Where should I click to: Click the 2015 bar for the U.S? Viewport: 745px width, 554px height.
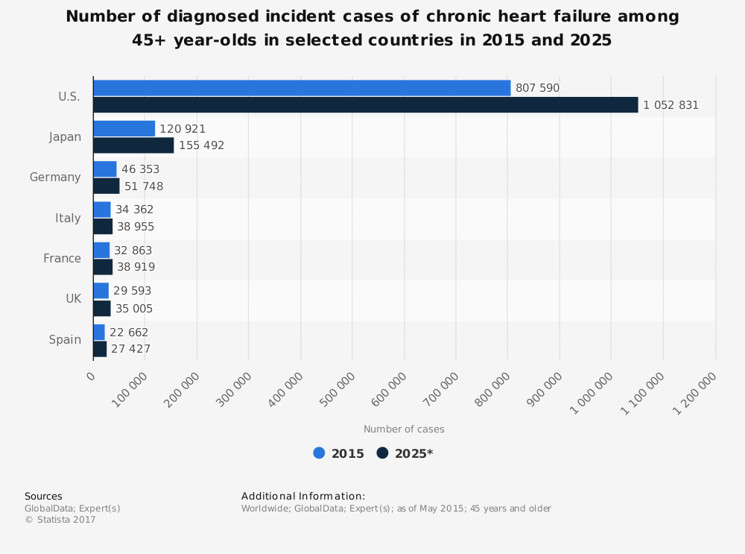(x=302, y=88)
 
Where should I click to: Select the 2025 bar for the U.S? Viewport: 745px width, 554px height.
(x=365, y=105)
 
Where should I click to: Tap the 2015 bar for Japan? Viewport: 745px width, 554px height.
(x=124, y=129)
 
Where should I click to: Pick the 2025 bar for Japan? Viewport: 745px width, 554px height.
(x=133, y=145)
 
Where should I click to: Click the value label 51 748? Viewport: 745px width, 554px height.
(x=144, y=186)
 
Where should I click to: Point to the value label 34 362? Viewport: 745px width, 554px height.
(x=135, y=210)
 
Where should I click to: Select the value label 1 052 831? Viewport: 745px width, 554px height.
(x=670, y=105)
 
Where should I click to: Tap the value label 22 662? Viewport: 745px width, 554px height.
(x=129, y=333)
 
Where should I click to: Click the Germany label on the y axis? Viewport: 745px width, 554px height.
(x=55, y=177)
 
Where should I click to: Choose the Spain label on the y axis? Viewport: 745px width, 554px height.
(x=65, y=340)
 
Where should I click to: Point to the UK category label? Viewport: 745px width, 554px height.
(x=73, y=299)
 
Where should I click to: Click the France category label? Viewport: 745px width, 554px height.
(x=62, y=259)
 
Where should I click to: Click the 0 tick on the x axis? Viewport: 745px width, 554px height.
(x=91, y=376)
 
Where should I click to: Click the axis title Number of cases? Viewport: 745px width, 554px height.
(x=404, y=429)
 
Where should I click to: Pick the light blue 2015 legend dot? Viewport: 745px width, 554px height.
(x=320, y=453)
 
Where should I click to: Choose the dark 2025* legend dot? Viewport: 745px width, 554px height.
(x=383, y=453)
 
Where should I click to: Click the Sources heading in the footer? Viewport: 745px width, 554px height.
(x=43, y=497)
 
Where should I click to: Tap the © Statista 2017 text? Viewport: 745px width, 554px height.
(x=60, y=520)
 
